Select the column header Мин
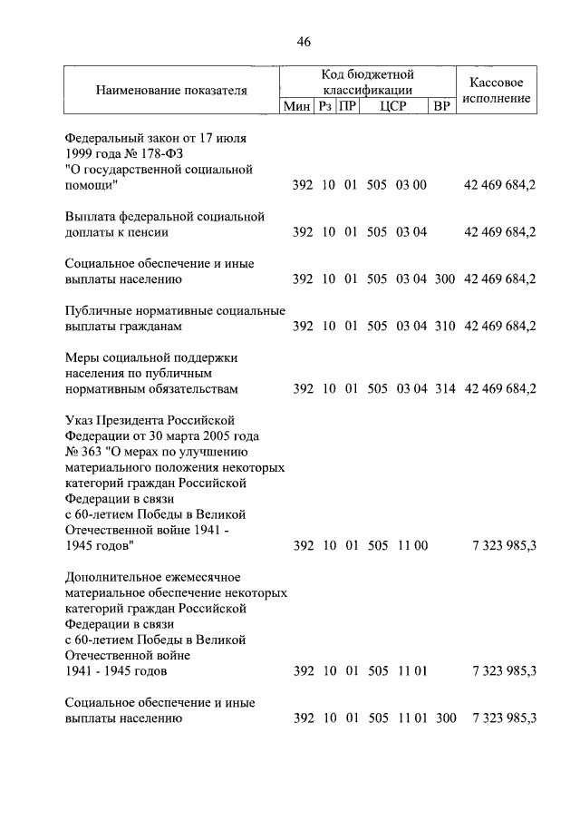click(x=296, y=107)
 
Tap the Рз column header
click(x=324, y=107)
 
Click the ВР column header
click(x=442, y=107)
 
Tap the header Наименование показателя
click(x=171, y=91)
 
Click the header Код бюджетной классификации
click(x=366, y=82)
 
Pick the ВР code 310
click(x=444, y=326)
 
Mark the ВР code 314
click(x=444, y=389)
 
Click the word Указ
click(x=80, y=420)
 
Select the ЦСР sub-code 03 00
click(x=411, y=185)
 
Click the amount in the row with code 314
click(x=499, y=389)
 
